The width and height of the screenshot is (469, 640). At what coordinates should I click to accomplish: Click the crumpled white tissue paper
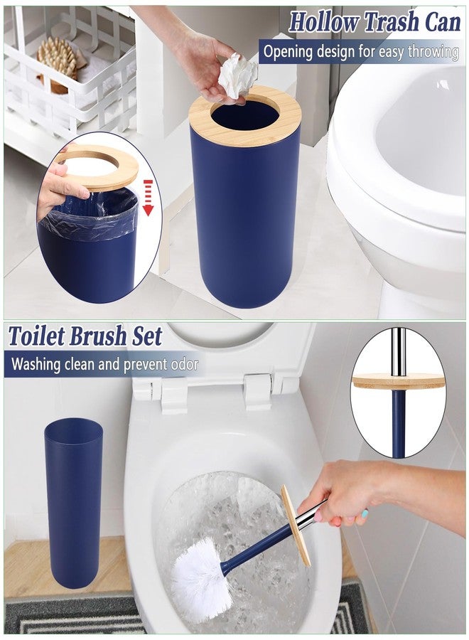pos(238,76)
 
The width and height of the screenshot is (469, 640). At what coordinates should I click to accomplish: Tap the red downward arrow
pos(149,198)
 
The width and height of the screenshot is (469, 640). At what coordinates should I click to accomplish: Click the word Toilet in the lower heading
pos(37,336)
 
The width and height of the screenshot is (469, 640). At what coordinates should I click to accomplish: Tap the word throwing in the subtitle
pos(433,53)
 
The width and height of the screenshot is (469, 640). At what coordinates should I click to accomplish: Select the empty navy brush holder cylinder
pos(73,501)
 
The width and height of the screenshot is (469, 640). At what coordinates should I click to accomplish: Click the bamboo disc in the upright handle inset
pos(398,381)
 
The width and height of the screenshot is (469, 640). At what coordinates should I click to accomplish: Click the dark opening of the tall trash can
pos(244,114)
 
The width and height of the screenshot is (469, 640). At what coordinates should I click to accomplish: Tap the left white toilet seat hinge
pos(175,394)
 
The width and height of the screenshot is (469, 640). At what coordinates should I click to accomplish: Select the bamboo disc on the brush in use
pos(296,526)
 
